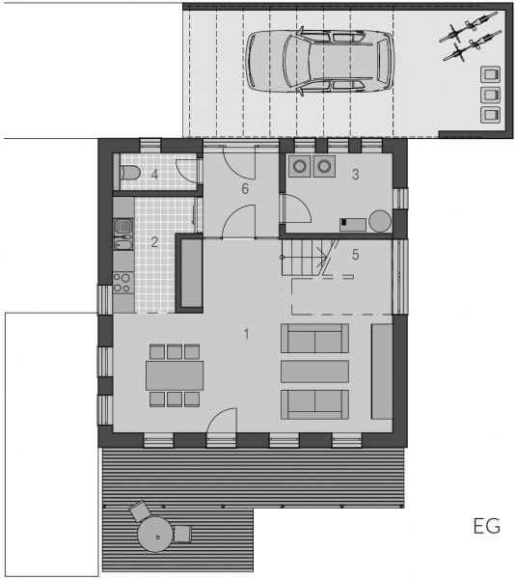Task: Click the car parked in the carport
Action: (319, 61)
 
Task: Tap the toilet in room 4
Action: (130, 173)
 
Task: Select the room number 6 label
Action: (245, 189)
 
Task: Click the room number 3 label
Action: (356, 175)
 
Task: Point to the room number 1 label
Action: (246, 334)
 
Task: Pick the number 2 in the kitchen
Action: (154, 242)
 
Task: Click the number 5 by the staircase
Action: (356, 255)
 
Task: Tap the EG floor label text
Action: (487, 526)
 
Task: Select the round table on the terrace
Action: (155, 535)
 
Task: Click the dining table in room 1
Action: (175, 376)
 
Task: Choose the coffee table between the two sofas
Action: (314, 372)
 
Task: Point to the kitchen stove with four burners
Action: (123, 282)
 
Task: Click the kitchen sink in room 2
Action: (123, 234)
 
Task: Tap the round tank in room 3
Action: (380, 221)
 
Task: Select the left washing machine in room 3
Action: (300, 166)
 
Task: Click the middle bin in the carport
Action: (491, 95)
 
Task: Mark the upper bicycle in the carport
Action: (469, 27)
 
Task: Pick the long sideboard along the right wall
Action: (382, 372)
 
